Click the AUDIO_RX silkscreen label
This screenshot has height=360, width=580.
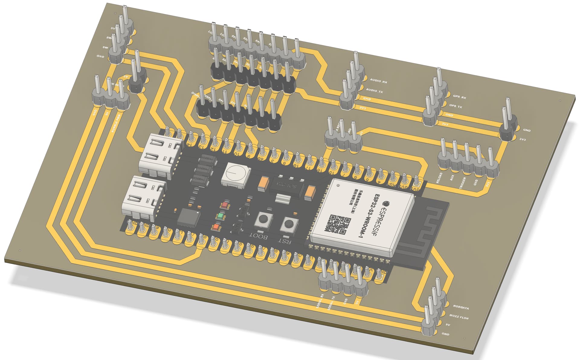pyautogui.click(x=378, y=81)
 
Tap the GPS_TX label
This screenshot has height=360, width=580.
pyautogui.click(x=455, y=106)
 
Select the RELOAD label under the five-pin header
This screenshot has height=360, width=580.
pyautogui.click(x=439, y=178)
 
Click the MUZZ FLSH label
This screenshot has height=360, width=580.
pyautogui.click(x=459, y=317)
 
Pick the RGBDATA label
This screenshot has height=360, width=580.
pyautogui.click(x=460, y=308)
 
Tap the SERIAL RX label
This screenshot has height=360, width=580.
pyautogui.click(x=320, y=301)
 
